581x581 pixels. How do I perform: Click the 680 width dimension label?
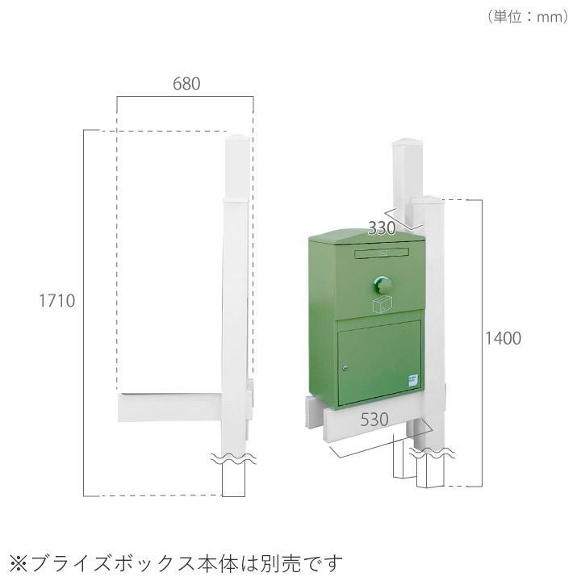coord(186,84)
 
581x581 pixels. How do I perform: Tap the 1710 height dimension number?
coord(57,301)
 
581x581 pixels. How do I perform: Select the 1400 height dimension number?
coord(504,338)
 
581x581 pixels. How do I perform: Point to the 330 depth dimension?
coord(382,228)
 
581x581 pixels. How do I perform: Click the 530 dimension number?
coord(374,420)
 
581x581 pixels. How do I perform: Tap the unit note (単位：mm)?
coord(527,17)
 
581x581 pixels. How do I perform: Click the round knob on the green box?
coord(382,286)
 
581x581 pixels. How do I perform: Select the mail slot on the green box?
coord(382,253)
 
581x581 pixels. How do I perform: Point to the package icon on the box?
coord(382,305)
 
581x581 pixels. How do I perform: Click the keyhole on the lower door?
coord(345,368)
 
